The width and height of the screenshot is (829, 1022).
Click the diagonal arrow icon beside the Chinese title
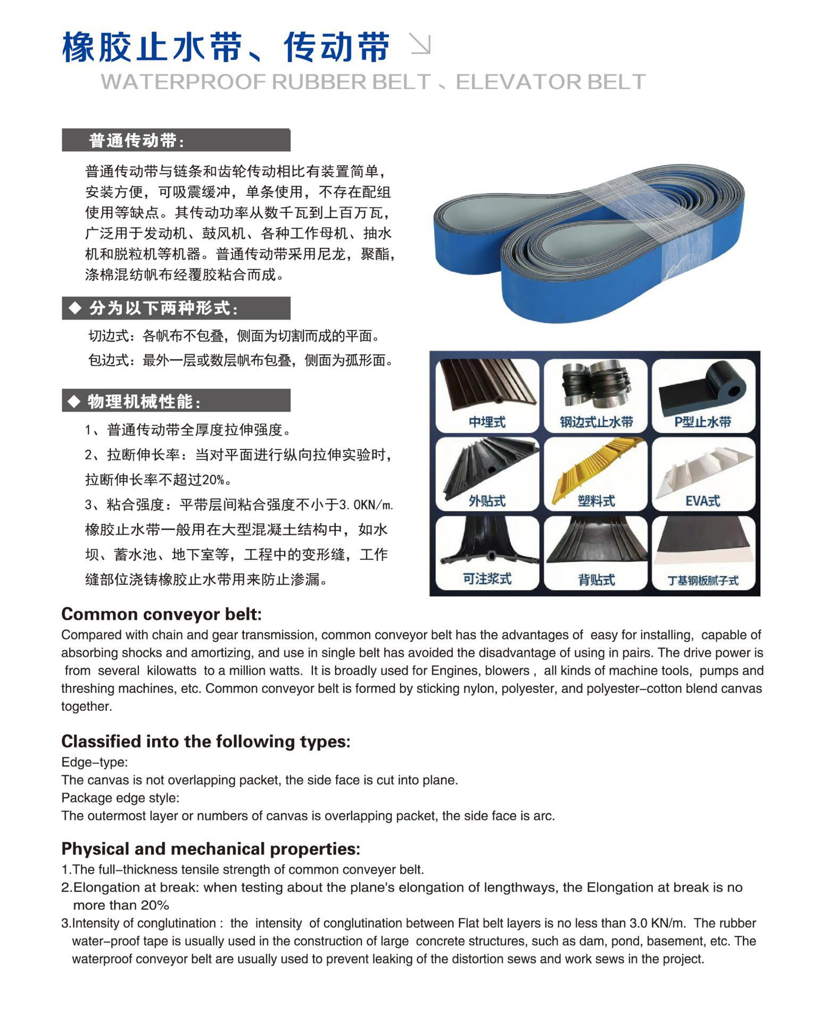pyautogui.click(x=421, y=44)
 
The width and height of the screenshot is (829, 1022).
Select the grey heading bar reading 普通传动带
pyautogui.click(x=176, y=140)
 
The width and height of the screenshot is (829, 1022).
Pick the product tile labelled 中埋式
pyautogui.click(x=487, y=395)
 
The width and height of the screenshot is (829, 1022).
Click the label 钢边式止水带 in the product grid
pyautogui.click(x=596, y=422)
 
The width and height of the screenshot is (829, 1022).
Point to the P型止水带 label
pyautogui.click(x=703, y=422)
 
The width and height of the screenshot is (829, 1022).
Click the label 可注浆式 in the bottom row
pyautogui.click(x=487, y=579)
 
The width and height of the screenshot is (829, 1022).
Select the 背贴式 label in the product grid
pyautogui.click(x=596, y=579)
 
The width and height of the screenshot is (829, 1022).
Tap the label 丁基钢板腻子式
pyautogui.click(x=703, y=580)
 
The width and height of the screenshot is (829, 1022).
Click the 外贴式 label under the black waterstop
pyautogui.click(x=487, y=501)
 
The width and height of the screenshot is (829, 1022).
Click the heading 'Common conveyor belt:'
pyautogui.click(x=162, y=614)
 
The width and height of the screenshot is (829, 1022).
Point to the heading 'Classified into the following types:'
pyautogui.click(x=206, y=742)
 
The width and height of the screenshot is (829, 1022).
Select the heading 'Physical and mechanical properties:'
pyautogui.click(x=211, y=849)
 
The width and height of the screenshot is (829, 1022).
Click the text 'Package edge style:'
pyautogui.click(x=120, y=798)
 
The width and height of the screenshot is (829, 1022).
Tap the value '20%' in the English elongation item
pyautogui.click(x=154, y=905)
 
